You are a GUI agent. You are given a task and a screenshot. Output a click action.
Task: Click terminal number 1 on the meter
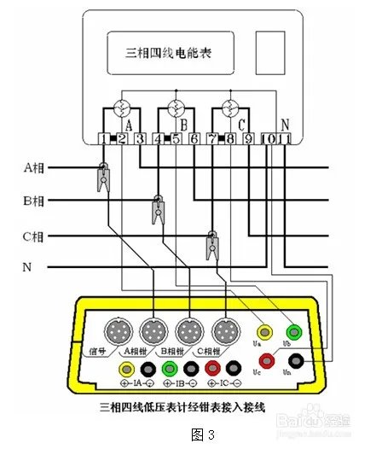103,138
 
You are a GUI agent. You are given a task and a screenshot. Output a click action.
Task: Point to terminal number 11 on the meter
286,138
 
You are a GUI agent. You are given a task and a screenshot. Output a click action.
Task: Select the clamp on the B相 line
159,208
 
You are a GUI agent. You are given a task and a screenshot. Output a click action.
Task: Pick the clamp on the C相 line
211,243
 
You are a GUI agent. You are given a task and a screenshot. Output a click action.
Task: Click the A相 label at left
34,167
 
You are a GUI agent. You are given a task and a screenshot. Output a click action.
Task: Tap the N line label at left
27,267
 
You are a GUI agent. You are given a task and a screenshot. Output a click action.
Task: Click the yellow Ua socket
265,330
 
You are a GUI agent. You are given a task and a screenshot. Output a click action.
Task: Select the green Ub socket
295,330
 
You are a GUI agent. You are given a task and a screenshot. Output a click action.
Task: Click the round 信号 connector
116,331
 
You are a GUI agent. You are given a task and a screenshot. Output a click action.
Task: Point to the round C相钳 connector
225,331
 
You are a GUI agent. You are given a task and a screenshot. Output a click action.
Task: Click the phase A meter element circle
122,109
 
